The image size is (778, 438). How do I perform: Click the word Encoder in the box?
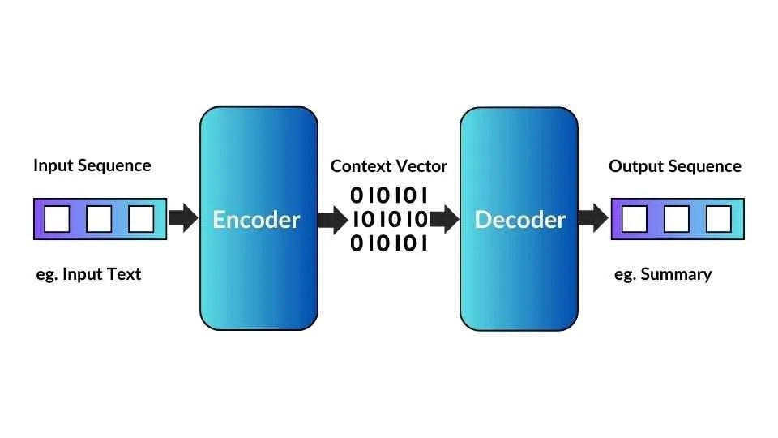point(256,220)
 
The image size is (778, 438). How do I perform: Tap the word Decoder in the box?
point(519,220)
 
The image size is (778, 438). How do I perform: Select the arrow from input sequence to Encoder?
point(182,218)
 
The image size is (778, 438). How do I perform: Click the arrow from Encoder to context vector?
point(332,219)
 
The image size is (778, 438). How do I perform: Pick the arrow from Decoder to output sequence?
point(593,218)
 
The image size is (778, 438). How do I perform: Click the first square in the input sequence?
point(57,219)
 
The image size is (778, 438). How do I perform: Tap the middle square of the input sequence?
point(99,219)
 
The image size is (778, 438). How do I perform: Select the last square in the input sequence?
point(141,219)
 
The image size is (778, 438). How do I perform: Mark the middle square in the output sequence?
point(677,219)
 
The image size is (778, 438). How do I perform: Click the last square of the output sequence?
point(718,219)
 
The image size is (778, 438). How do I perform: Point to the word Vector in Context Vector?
point(420,166)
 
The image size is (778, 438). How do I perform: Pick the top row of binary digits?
point(388,195)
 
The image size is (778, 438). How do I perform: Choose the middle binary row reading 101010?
point(389,219)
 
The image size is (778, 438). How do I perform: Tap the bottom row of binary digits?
point(388,243)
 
